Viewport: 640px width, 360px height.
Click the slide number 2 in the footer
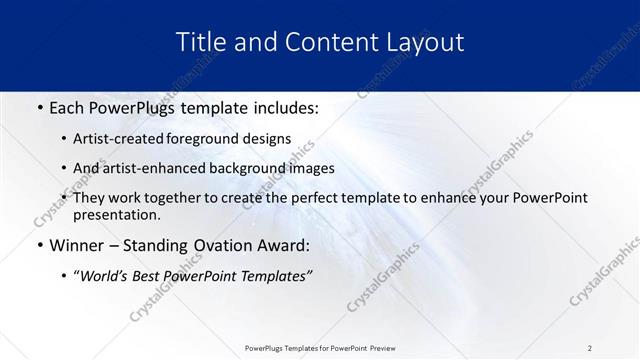tap(590, 347)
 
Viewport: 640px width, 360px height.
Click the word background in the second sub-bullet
tap(250, 168)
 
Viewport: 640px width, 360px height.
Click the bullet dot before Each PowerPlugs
tap(38, 107)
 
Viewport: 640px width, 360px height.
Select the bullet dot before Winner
tap(38, 245)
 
